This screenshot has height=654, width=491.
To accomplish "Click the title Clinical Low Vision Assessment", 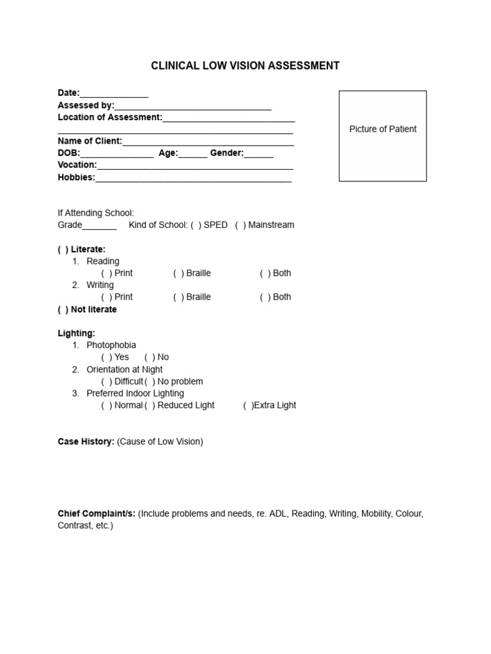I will pyautogui.click(x=245, y=66).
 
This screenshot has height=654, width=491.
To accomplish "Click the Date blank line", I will pyautogui.click(x=114, y=95).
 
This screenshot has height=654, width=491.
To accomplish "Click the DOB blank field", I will pyautogui.click(x=117, y=155).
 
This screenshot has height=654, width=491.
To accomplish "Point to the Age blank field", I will pyautogui.click(x=193, y=155).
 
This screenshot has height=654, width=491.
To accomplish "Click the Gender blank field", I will pyautogui.click(x=258, y=155).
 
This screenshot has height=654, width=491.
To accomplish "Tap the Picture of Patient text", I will pyautogui.click(x=382, y=129).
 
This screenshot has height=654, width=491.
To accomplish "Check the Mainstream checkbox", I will pyautogui.click(x=240, y=225).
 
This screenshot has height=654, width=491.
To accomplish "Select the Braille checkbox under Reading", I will pyautogui.click(x=178, y=273).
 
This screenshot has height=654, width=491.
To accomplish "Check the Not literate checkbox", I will pyautogui.click(x=63, y=310).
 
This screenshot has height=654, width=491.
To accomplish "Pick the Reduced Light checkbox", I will pyautogui.click(x=150, y=406).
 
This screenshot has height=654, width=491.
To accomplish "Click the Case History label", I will pyautogui.click(x=86, y=442).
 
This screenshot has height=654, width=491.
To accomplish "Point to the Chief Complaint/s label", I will pyautogui.click(x=97, y=514).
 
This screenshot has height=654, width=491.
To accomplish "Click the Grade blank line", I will pyautogui.click(x=99, y=226).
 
